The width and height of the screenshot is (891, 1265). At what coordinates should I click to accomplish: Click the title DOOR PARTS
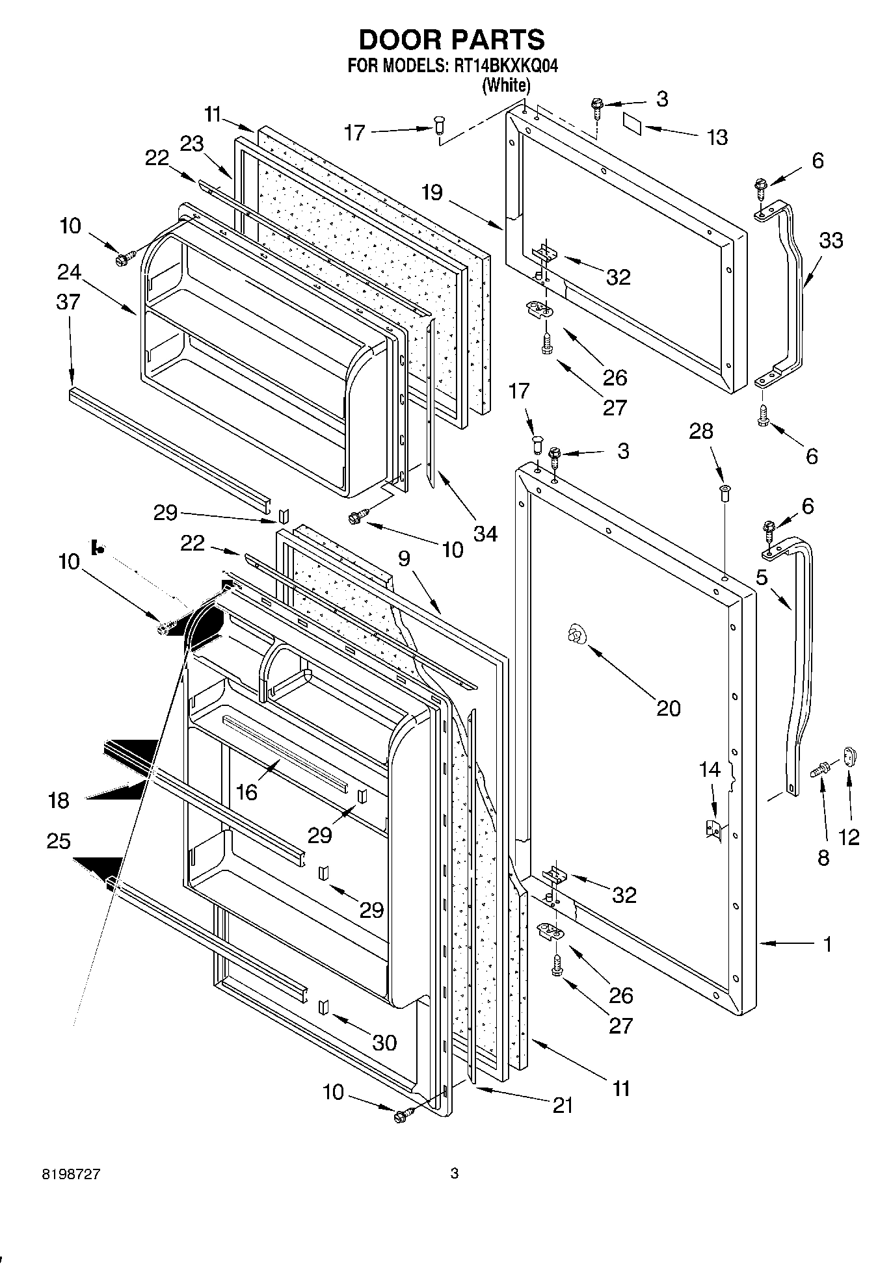click(451, 40)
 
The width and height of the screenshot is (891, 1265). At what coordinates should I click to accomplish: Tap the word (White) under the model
click(505, 85)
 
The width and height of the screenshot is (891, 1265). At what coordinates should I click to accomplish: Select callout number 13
click(717, 138)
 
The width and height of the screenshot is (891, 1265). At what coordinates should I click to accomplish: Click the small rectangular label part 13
click(631, 123)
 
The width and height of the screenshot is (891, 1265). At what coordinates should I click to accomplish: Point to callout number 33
click(831, 241)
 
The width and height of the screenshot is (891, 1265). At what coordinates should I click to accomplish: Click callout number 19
click(431, 192)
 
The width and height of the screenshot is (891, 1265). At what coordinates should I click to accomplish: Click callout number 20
click(668, 708)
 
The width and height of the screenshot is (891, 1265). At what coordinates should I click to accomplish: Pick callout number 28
click(701, 431)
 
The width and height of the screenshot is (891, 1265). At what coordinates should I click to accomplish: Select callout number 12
click(849, 837)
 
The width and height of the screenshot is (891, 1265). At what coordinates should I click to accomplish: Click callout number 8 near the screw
click(823, 858)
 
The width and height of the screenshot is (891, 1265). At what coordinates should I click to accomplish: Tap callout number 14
click(710, 770)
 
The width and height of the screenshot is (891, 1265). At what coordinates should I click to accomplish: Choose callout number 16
click(247, 791)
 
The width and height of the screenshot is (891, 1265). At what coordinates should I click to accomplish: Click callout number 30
click(384, 1043)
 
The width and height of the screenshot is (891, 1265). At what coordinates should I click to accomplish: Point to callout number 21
click(563, 1105)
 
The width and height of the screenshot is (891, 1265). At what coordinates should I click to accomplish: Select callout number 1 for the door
click(828, 944)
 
